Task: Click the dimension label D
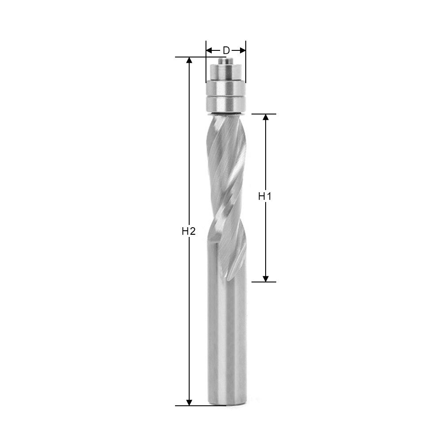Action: [x=226, y=50]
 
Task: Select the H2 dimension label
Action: [x=188, y=231]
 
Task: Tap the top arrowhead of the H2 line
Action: [x=189, y=61]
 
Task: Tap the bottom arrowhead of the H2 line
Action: [x=189, y=402]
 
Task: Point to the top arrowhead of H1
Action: [x=266, y=117]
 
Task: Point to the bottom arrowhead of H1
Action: [x=266, y=278]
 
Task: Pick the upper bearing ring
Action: [x=226, y=88]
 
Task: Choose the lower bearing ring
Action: [x=226, y=104]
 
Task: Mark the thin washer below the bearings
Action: [x=226, y=114]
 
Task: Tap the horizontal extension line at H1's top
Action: [x=264, y=114]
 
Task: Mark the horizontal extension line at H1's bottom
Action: [x=264, y=282]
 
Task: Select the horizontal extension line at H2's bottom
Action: [x=194, y=406]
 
